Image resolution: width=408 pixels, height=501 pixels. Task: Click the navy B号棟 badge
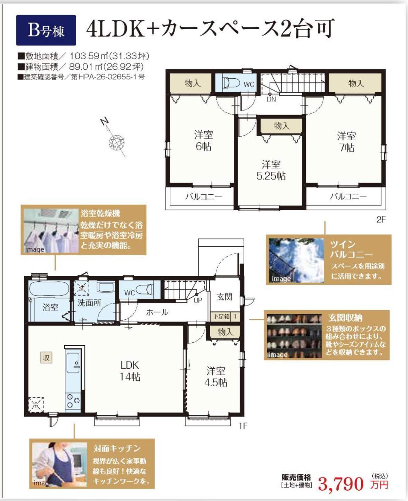(46, 30)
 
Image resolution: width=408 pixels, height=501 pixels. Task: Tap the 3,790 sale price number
(341, 484)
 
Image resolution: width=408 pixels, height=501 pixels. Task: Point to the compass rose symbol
(117, 142)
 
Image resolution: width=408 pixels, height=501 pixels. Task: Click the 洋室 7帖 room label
(346, 142)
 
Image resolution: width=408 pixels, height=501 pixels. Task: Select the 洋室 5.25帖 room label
(271, 170)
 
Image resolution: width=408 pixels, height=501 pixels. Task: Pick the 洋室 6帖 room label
(203, 141)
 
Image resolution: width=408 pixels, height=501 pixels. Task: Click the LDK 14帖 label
(130, 371)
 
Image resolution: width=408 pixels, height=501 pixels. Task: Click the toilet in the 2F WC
(231, 83)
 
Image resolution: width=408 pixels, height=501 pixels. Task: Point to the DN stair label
(272, 99)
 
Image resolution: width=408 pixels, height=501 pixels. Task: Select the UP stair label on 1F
(198, 300)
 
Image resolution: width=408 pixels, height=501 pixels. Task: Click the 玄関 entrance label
(224, 297)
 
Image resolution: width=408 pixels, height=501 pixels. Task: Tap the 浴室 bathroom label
(50, 307)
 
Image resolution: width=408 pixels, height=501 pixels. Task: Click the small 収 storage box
(46, 358)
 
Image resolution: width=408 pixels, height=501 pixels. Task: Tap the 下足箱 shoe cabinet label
(221, 316)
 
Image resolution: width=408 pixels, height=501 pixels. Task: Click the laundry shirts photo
(52, 231)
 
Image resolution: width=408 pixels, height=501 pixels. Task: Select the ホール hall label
(157, 313)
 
